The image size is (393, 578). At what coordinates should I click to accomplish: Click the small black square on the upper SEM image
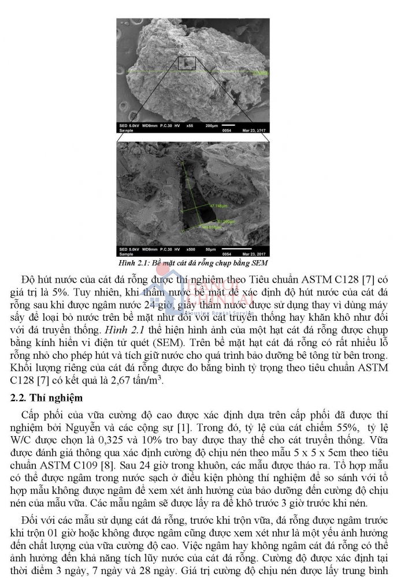(187, 63)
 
